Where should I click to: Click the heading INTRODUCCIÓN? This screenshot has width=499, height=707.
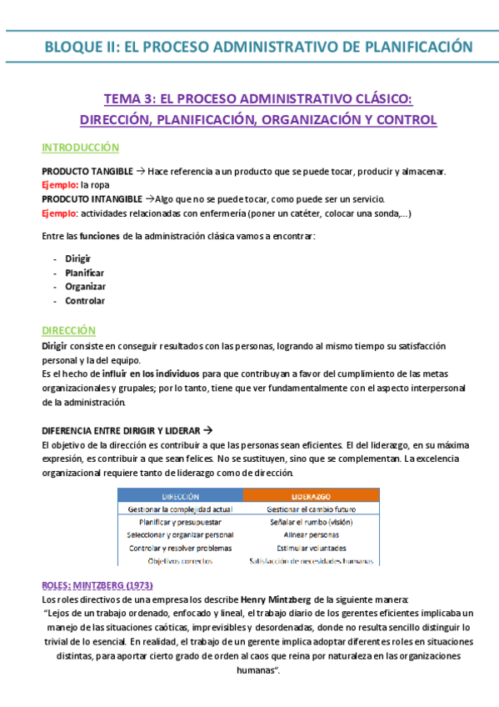point(80,148)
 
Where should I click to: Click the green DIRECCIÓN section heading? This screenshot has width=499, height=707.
point(68,331)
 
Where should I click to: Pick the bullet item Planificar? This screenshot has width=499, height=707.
point(84,273)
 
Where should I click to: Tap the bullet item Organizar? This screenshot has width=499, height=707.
point(85,287)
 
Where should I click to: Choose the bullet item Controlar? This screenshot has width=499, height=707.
point(85,301)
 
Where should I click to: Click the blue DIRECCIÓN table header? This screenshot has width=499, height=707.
point(179,495)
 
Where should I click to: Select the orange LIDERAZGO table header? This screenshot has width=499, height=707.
point(310,495)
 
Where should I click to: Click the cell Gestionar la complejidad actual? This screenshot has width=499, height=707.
point(179,509)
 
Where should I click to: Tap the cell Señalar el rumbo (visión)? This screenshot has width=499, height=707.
point(310,522)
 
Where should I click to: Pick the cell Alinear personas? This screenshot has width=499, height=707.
point(310,535)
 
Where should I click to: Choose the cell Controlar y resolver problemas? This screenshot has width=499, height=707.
point(179,549)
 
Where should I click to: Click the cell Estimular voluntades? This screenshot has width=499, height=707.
point(310,549)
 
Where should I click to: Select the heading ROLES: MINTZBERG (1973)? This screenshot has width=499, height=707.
point(97,585)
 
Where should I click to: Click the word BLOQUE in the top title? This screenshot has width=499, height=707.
point(76,47)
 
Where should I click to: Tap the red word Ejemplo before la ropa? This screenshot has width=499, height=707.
point(58,185)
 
